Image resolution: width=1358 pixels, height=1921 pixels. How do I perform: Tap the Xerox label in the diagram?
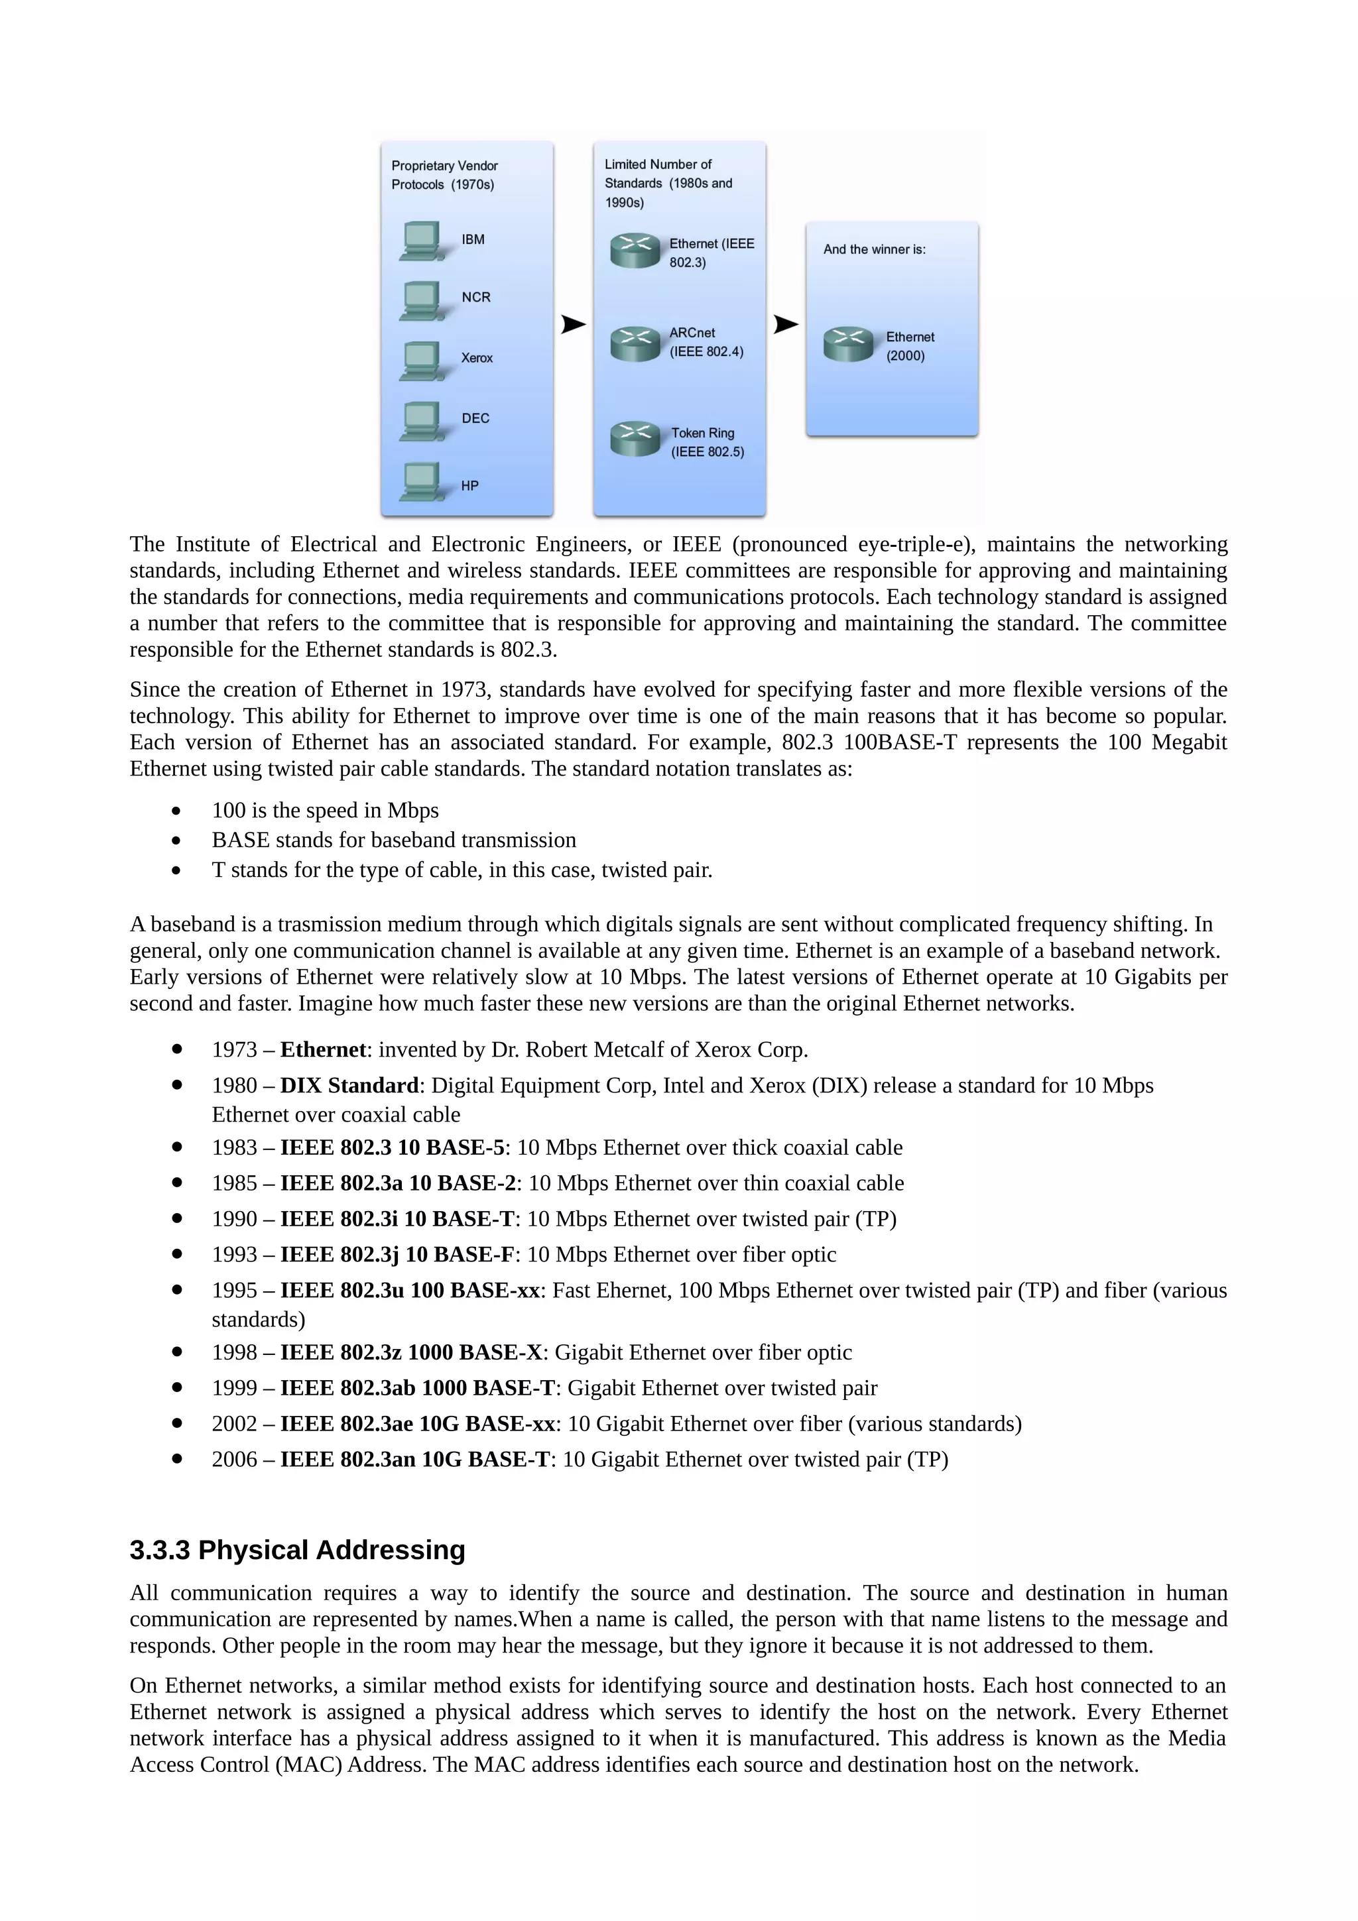point(477,358)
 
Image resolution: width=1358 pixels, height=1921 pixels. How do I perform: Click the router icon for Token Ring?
point(635,438)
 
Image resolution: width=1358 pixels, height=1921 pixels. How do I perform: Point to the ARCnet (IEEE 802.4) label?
point(706,342)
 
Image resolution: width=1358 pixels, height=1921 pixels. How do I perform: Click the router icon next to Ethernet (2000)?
point(847,344)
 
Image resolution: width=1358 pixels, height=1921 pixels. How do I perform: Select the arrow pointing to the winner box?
point(785,323)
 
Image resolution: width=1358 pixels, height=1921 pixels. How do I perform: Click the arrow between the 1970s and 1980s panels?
point(572,323)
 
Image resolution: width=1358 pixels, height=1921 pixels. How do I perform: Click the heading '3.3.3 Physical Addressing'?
point(297,1550)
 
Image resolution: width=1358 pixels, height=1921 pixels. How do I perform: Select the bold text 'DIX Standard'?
point(349,1085)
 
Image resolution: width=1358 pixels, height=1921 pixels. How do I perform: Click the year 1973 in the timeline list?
point(234,1049)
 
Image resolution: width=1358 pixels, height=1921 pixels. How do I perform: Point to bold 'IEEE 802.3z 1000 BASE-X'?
point(411,1352)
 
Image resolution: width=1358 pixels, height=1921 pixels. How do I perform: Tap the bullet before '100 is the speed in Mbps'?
point(176,811)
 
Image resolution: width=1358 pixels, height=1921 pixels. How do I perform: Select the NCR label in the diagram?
point(475,298)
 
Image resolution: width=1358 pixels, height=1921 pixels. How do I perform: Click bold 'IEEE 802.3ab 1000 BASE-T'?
point(416,1388)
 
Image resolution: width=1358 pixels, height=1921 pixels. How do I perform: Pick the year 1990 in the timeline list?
point(234,1219)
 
